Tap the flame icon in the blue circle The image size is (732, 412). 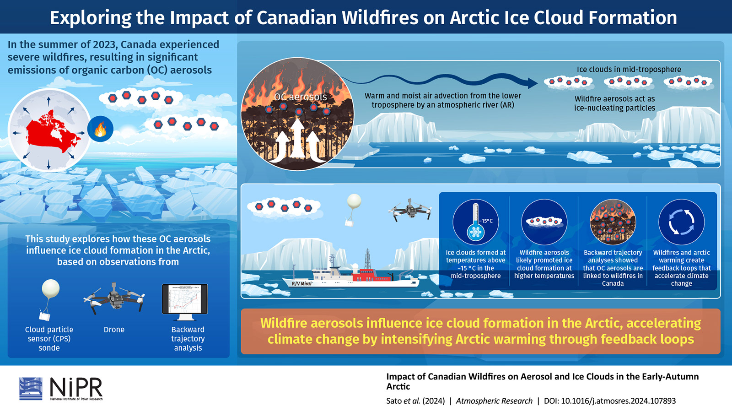tap(100, 129)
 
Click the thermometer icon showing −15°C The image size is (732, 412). tap(475, 222)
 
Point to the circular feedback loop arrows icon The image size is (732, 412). tap(681, 222)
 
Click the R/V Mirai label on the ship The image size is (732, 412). tap(301, 283)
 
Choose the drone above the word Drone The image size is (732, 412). tap(114, 298)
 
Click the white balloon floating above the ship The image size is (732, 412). tap(354, 201)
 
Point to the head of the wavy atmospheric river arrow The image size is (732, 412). tap(532, 83)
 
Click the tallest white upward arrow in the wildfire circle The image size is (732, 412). tap(297, 140)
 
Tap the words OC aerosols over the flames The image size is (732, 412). tap(301, 97)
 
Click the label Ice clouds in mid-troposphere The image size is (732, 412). tap(629, 69)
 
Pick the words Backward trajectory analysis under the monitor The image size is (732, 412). tap(188, 338)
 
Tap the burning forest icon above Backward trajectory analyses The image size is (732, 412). tap(613, 222)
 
